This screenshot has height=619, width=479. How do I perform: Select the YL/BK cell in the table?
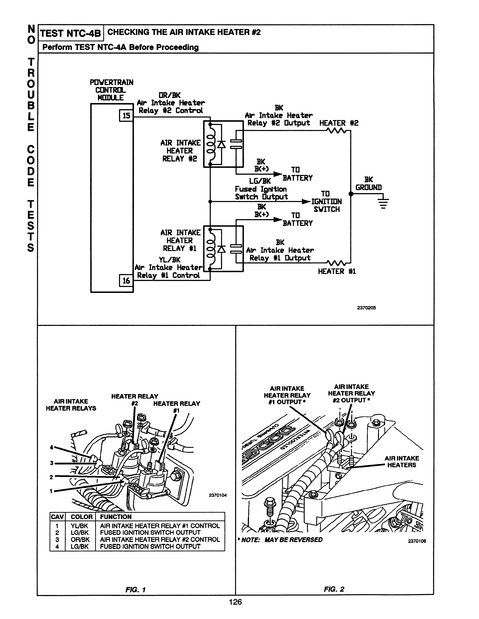79,526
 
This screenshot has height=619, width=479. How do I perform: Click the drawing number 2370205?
366,308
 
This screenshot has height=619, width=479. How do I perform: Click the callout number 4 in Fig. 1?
51,447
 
